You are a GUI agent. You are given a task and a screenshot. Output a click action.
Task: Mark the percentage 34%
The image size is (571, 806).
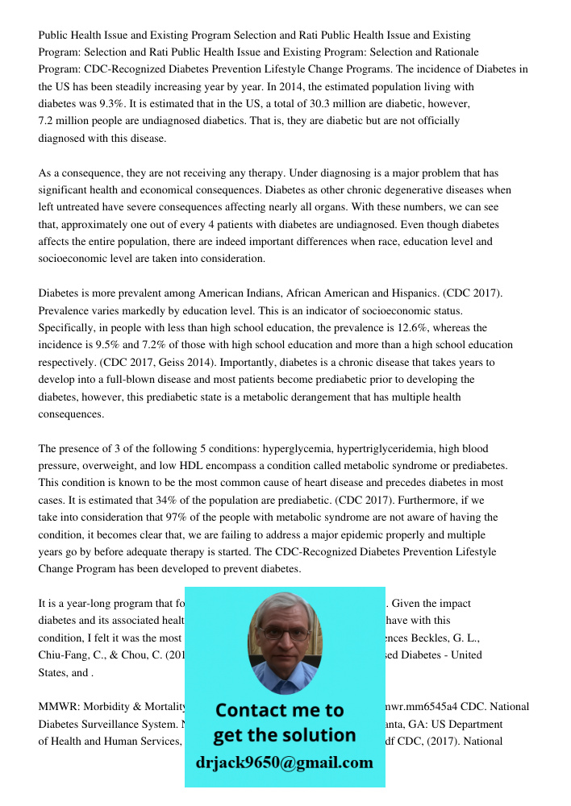195,501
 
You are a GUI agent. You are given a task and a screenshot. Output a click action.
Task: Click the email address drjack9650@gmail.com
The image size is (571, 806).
285,762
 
